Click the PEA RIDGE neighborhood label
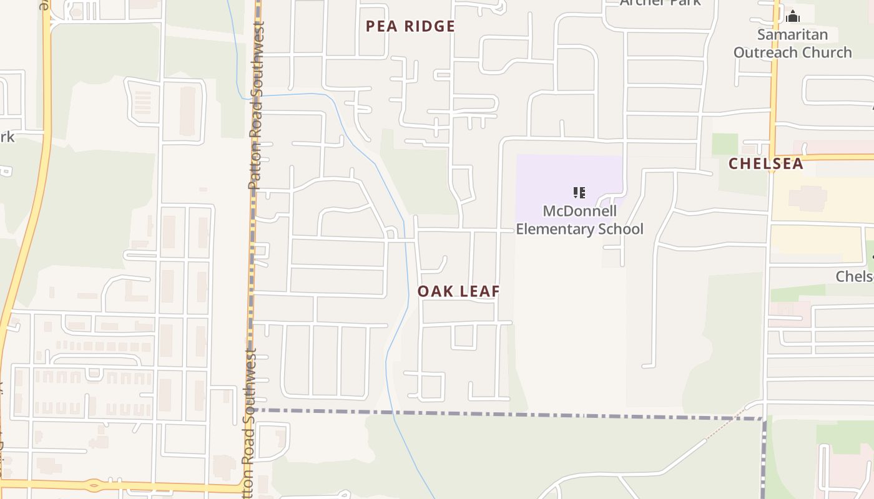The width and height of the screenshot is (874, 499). pos(410,26)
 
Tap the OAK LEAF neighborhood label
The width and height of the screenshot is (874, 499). pos(459,291)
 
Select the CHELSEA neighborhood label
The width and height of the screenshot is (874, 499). pos(766,163)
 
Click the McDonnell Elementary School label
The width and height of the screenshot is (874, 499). pos(579,220)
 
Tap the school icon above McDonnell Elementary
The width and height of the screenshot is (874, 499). pos(579,192)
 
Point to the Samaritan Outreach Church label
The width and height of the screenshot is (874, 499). pos(792,44)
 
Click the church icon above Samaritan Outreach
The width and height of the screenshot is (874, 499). pos(793,16)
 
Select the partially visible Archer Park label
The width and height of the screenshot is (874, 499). pos(660,2)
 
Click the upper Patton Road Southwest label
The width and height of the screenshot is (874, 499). pos(255,106)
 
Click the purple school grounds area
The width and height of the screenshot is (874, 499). pos(549,178)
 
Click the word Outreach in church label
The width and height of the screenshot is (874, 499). pos(763,52)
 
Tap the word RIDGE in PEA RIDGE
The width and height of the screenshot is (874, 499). pos(430,26)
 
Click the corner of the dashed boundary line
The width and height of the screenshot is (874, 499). pos(764,419)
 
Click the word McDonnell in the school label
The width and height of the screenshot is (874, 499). pos(579,211)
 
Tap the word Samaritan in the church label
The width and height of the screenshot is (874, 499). pos(792,34)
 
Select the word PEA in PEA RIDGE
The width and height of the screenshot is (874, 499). pos(381,26)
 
